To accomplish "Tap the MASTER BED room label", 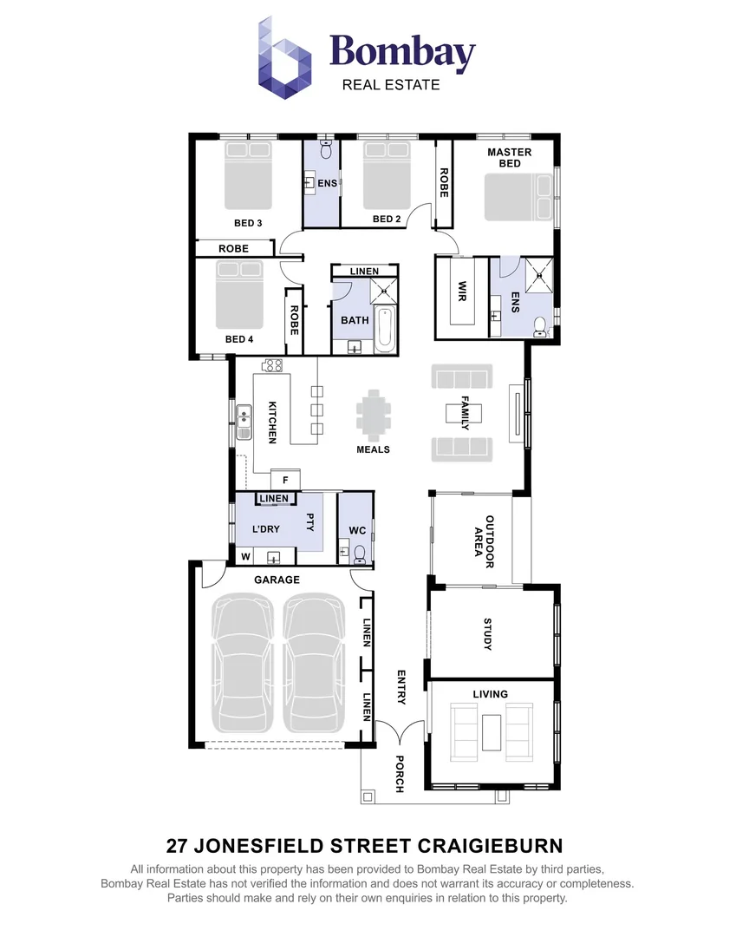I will coord(509,157).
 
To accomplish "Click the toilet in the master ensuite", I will coord(539,327).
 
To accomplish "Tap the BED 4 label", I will coord(238,339).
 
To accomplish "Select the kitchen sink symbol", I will coord(244,422).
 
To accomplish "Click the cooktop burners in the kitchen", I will coord(273,365).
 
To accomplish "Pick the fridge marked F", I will coord(285,480).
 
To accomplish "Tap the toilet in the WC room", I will coord(361,551).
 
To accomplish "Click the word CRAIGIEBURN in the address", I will coord(485,844).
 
